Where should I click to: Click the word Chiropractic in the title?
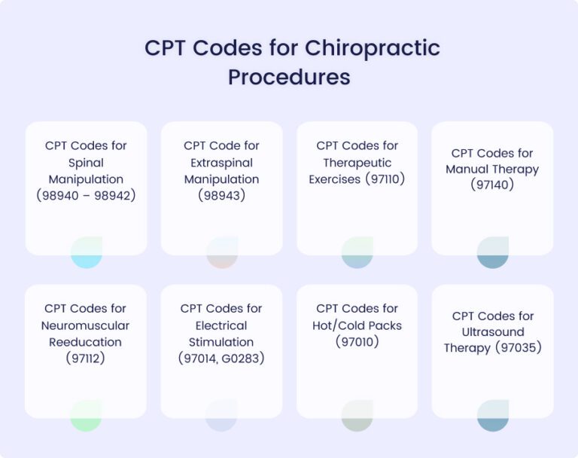tap(373, 47)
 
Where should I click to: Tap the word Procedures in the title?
tap(289, 77)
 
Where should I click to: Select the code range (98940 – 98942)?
tap(86, 196)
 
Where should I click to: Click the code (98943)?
tap(221, 196)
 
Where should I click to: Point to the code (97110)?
tap(385, 179)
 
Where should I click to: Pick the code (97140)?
tap(492, 185)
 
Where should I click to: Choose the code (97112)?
tap(86, 359)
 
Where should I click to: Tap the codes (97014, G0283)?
tap(221, 359)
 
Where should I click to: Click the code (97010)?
tap(357, 342)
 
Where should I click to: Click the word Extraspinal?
tap(221, 163)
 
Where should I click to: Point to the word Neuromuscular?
tap(86, 325)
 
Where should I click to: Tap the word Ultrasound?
tap(492, 331)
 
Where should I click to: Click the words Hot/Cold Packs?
tap(357, 325)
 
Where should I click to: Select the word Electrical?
tap(221, 325)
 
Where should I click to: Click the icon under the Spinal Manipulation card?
tap(87, 252)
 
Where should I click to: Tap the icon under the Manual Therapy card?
tap(493, 252)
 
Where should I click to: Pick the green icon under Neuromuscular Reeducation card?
tap(86, 416)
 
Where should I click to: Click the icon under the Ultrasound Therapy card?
tap(493, 416)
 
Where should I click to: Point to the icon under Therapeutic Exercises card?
tap(357, 252)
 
